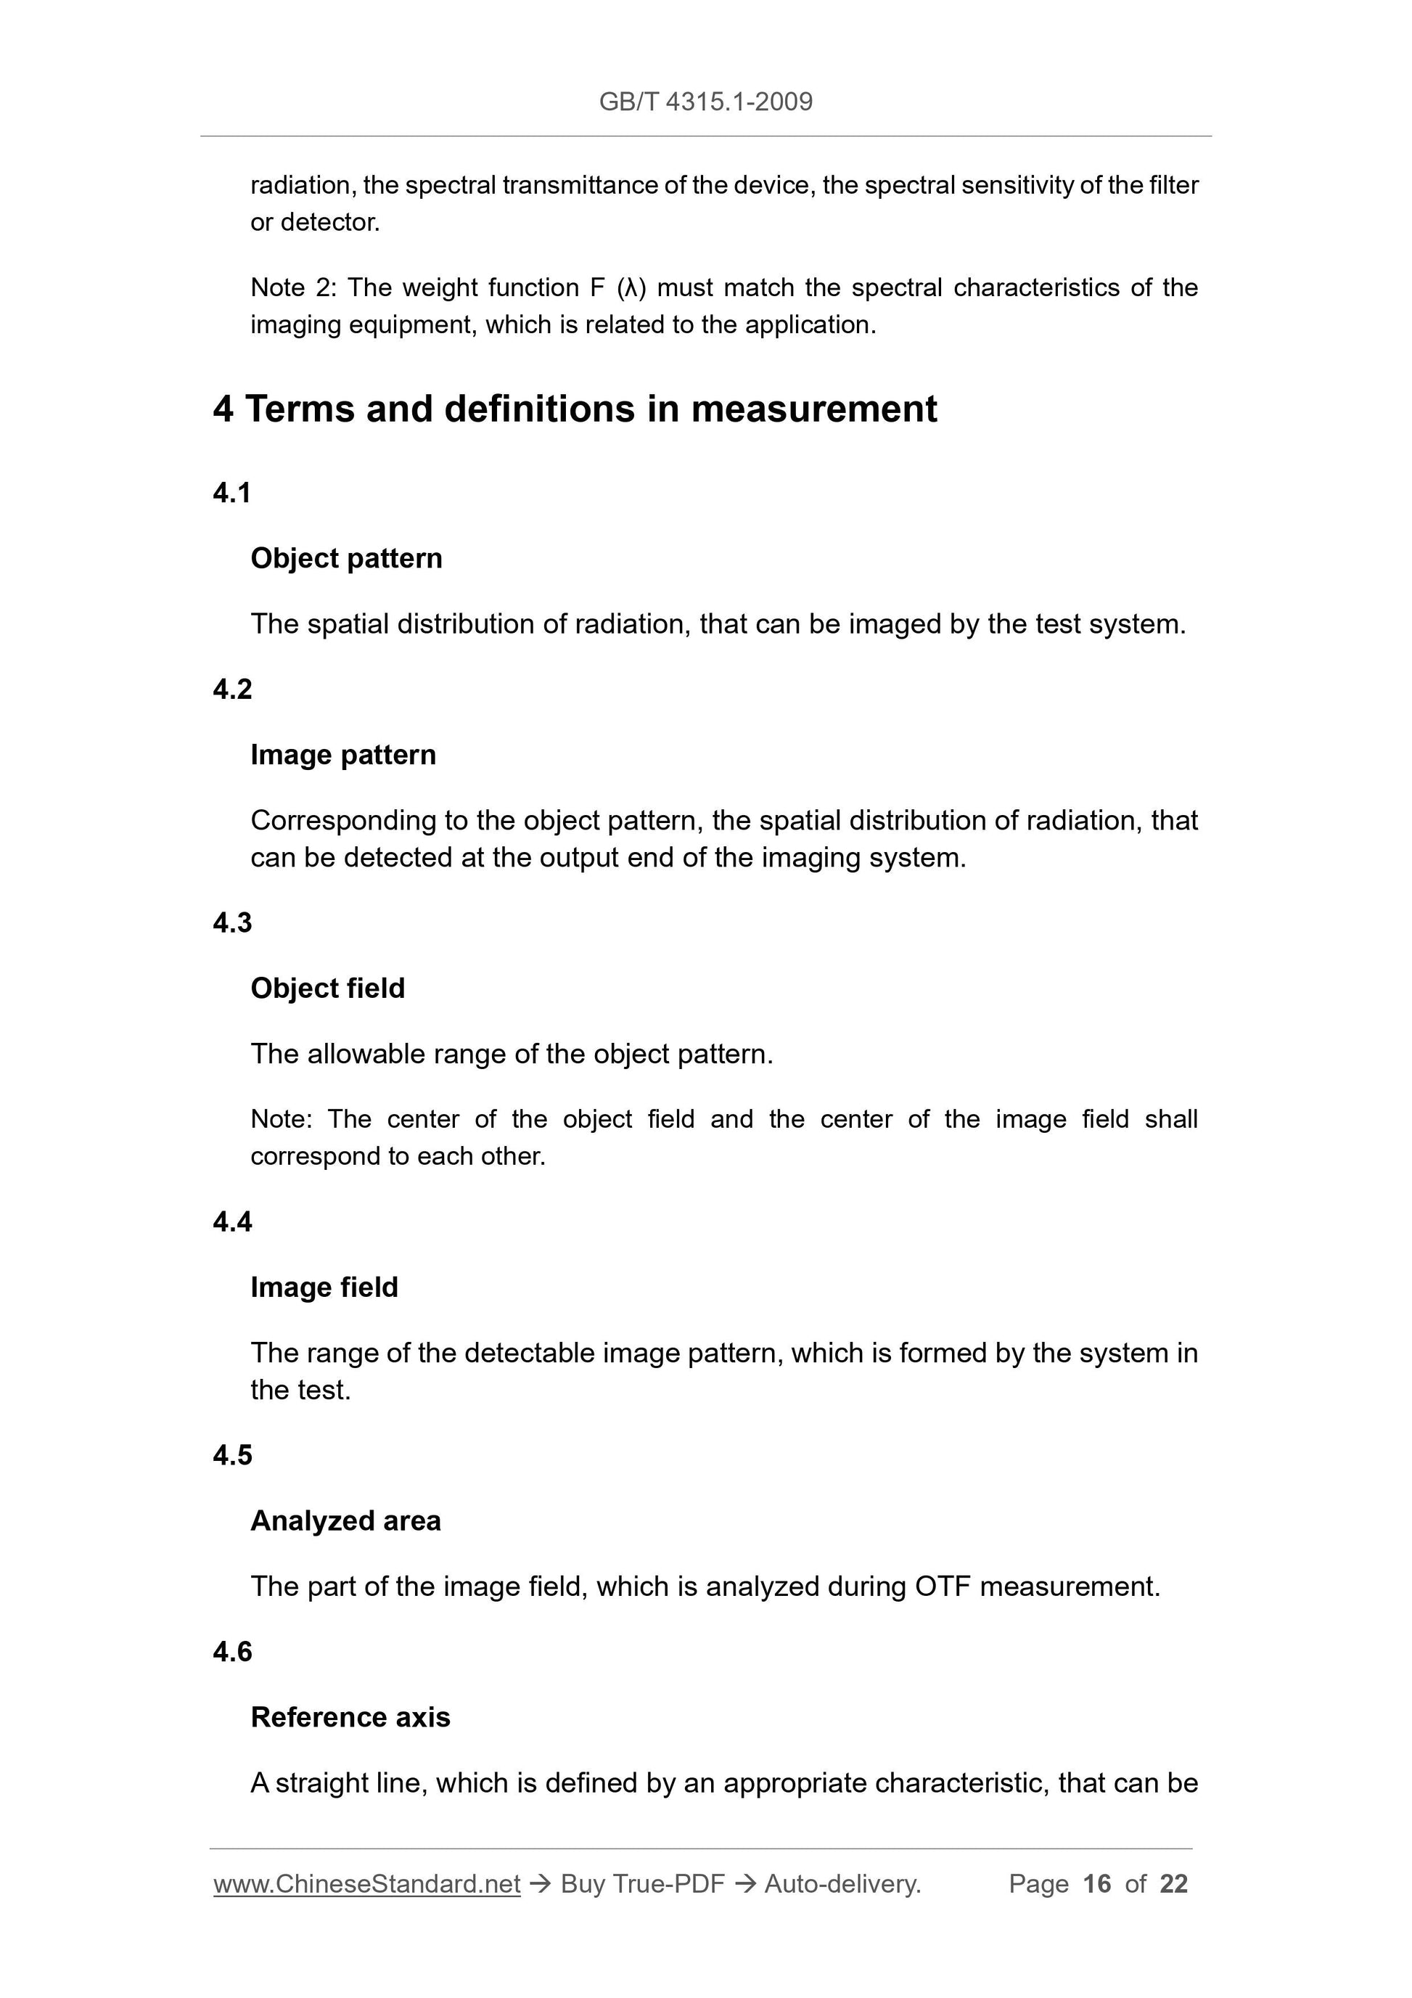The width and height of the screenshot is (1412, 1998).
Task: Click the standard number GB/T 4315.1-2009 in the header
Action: click(x=705, y=102)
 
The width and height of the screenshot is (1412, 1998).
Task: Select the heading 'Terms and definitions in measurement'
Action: click(x=591, y=409)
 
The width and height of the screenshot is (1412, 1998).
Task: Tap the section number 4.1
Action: click(x=231, y=494)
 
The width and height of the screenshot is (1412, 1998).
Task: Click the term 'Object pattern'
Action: click(x=346, y=559)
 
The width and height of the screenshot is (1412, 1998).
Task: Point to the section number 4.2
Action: click(x=232, y=689)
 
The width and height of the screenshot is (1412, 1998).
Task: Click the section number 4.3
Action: click(x=232, y=922)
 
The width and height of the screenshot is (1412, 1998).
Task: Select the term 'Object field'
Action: click(x=327, y=988)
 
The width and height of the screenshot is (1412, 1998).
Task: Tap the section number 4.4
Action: click(x=232, y=1221)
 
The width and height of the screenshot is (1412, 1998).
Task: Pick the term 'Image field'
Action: click(x=324, y=1287)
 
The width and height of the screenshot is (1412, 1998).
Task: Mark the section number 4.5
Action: click(x=232, y=1455)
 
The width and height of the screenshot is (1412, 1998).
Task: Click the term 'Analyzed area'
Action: click(x=345, y=1520)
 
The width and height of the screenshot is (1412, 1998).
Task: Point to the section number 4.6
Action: click(x=232, y=1652)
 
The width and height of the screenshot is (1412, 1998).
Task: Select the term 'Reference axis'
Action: click(x=350, y=1717)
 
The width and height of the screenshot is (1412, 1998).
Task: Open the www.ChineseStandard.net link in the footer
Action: click(x=366, y=1884)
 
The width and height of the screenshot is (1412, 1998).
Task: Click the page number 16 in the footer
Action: click(x=1097, y=1884)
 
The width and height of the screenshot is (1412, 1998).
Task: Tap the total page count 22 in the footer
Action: click(x=1173, y=1884)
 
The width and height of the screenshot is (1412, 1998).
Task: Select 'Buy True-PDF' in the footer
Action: click(x=642, y=1884)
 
